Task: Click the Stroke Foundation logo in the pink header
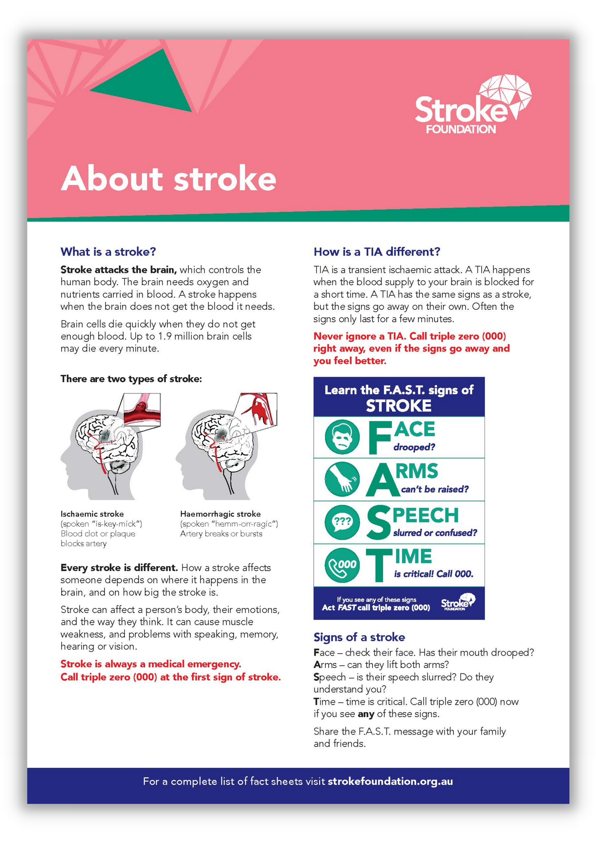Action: pos(472,105)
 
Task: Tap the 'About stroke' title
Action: pos(168,179)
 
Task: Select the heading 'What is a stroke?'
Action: pos(108,252)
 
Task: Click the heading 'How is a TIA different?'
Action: pos(377,252)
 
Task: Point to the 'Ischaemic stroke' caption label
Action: pos(92,514)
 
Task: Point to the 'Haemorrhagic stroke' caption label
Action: pos(220,514)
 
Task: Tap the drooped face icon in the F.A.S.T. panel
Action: pos(342,437)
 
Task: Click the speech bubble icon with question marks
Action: pos(342,523)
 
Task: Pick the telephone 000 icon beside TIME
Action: pos(342,565)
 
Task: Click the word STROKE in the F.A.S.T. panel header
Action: pos(398,406)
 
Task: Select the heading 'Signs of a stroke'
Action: pos(359,637)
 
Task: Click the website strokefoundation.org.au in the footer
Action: pos(390,782)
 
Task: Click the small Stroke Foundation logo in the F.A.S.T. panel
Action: pos(458,603)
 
